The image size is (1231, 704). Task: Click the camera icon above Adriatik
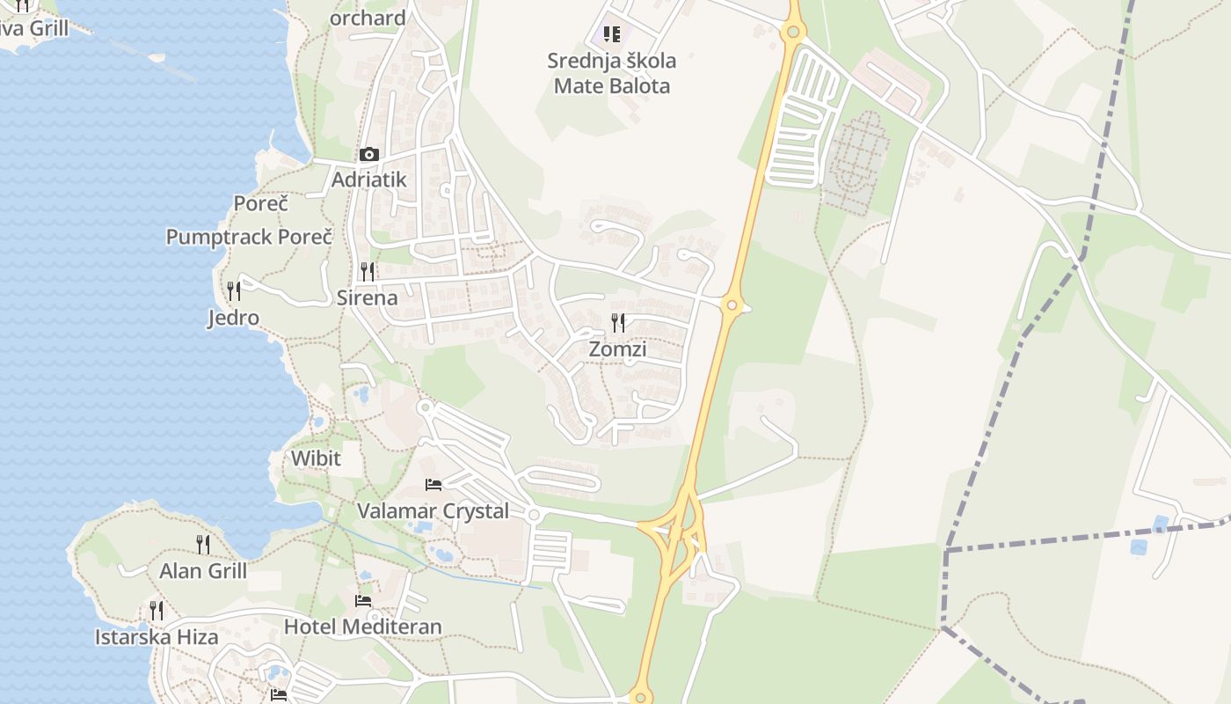368,155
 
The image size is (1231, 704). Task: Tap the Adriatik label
368,180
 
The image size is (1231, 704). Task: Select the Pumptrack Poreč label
250,237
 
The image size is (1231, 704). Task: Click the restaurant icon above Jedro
234,290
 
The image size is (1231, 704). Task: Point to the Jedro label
233,318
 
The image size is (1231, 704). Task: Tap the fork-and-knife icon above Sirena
368,271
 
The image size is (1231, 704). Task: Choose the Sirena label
368,297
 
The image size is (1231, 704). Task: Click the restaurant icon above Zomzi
618,323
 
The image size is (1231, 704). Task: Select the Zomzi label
617,349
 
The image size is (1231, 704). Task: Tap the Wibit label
316,458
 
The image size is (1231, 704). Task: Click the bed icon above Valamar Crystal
433,484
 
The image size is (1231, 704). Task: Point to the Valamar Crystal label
433,511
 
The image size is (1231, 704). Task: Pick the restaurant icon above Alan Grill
203,544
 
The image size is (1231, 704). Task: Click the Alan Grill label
203,571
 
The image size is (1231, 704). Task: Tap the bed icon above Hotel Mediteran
363,601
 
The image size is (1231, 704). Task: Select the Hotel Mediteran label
362,627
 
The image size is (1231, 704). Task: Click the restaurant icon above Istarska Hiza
157,610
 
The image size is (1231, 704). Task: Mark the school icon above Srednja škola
612,34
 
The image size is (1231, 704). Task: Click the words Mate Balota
612,86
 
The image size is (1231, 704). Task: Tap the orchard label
368,18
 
